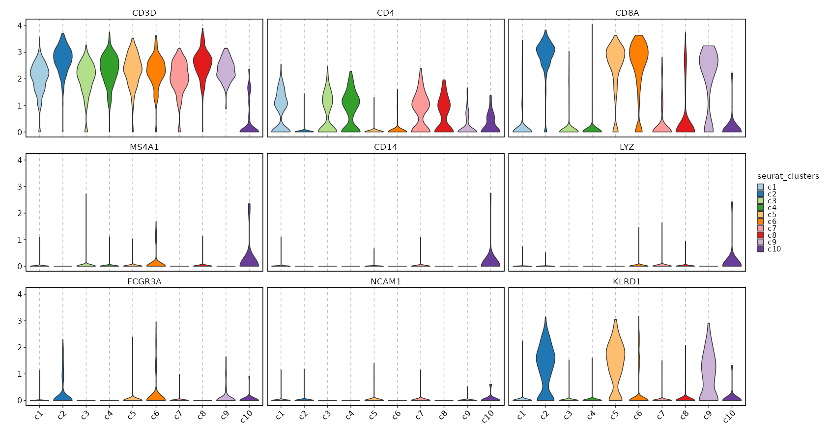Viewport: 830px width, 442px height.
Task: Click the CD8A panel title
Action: [627, 13]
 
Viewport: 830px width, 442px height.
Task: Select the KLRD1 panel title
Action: [627, 282]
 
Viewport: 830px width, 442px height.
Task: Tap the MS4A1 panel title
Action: [144, 147]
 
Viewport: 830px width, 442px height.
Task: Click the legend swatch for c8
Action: [761, 235]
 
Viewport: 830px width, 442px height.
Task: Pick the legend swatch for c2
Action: [761, 194]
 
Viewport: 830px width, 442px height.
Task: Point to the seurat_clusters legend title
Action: [788, 176]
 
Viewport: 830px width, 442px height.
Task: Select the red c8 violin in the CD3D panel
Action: [202, 64]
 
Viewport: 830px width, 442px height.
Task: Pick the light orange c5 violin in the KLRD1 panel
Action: [615, 354]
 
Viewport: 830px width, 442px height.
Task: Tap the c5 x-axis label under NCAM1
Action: [373, 414]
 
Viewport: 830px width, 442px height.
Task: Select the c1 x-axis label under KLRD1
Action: [521, 414]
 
